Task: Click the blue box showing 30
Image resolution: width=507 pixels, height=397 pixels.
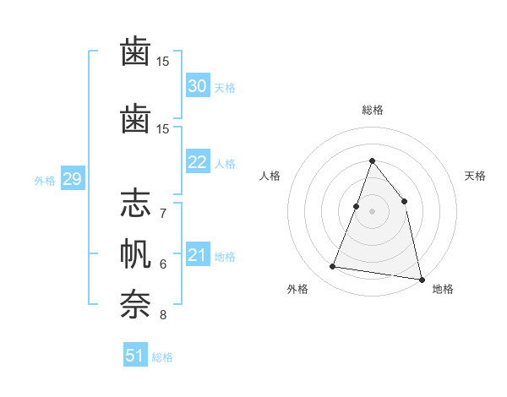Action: click(197, 86)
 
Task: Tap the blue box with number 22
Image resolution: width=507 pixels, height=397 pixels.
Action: click(197, 163)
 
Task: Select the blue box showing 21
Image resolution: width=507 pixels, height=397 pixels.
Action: click(197, 255)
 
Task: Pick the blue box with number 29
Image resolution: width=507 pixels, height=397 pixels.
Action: click(72, 179)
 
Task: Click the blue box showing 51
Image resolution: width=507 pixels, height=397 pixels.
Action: click(135, 356)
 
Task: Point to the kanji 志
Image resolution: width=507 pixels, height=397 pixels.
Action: click(135, 205)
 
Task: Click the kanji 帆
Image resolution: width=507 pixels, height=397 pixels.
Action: click(135, 255)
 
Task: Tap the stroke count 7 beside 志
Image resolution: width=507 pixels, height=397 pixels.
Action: click(163, 213)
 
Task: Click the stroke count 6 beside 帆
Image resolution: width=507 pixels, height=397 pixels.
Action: click(163, 264)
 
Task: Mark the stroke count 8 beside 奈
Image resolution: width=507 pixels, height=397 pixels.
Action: click(163, 315)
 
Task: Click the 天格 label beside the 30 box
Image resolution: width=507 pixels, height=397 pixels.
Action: click(225, 87)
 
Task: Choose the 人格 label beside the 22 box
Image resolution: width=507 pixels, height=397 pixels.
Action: click(225, 164)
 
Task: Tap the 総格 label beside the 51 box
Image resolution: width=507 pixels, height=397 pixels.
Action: click(162, 357)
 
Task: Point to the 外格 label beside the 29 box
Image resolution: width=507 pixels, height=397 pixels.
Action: click(45, 180)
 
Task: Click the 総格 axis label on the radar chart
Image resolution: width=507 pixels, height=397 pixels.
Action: click(372, 110)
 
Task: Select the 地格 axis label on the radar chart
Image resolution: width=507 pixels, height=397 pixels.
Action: click(443, 289)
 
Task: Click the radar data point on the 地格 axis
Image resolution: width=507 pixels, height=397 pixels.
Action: click(421, 278)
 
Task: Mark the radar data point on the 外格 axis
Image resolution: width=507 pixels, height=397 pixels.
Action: click(333, 267)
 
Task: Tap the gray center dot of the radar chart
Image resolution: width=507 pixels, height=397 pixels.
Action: click(372, 211)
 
